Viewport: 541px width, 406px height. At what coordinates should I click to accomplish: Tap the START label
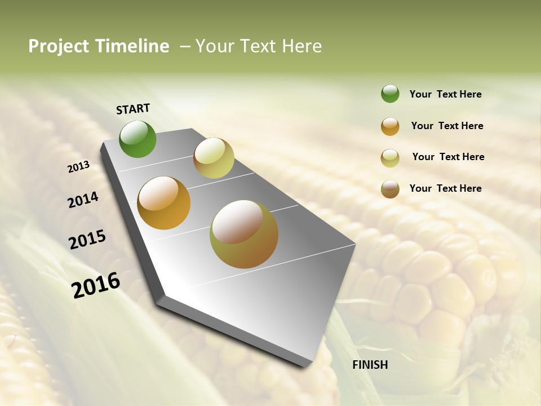(x=133, y=109)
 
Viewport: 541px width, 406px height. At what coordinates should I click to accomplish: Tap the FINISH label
(x=370, y=365)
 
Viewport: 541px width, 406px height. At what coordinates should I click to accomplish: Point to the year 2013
(x=78, y=167)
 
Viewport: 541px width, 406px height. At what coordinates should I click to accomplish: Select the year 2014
(x=83, y=200)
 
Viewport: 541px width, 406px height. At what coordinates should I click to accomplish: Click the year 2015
(x=87, y=240)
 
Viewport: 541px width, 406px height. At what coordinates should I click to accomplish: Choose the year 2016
(x=96, y=285)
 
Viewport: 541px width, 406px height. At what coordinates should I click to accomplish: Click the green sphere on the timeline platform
(x=138, y=139)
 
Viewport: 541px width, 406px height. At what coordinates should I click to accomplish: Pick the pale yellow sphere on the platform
(x=214, y=158)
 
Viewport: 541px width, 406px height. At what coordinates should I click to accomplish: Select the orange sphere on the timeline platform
(x=164, y=203)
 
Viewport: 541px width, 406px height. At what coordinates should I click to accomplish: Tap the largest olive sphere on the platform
(x=244, y=234)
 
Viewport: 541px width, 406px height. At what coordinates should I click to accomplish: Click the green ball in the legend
(x=390, y=94)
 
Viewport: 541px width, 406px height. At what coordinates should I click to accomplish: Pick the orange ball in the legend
(x=390, y=126)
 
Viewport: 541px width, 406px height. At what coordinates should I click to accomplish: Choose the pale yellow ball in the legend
(x=390, y=158)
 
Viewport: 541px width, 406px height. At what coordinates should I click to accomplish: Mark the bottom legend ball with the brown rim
(x=390, y=189)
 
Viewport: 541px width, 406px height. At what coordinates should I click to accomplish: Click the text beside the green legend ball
(x=445, y=95)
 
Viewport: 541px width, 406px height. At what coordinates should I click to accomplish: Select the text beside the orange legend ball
(x=447, y=126)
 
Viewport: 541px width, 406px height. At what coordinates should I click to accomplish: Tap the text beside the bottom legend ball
(x=445, y=188)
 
